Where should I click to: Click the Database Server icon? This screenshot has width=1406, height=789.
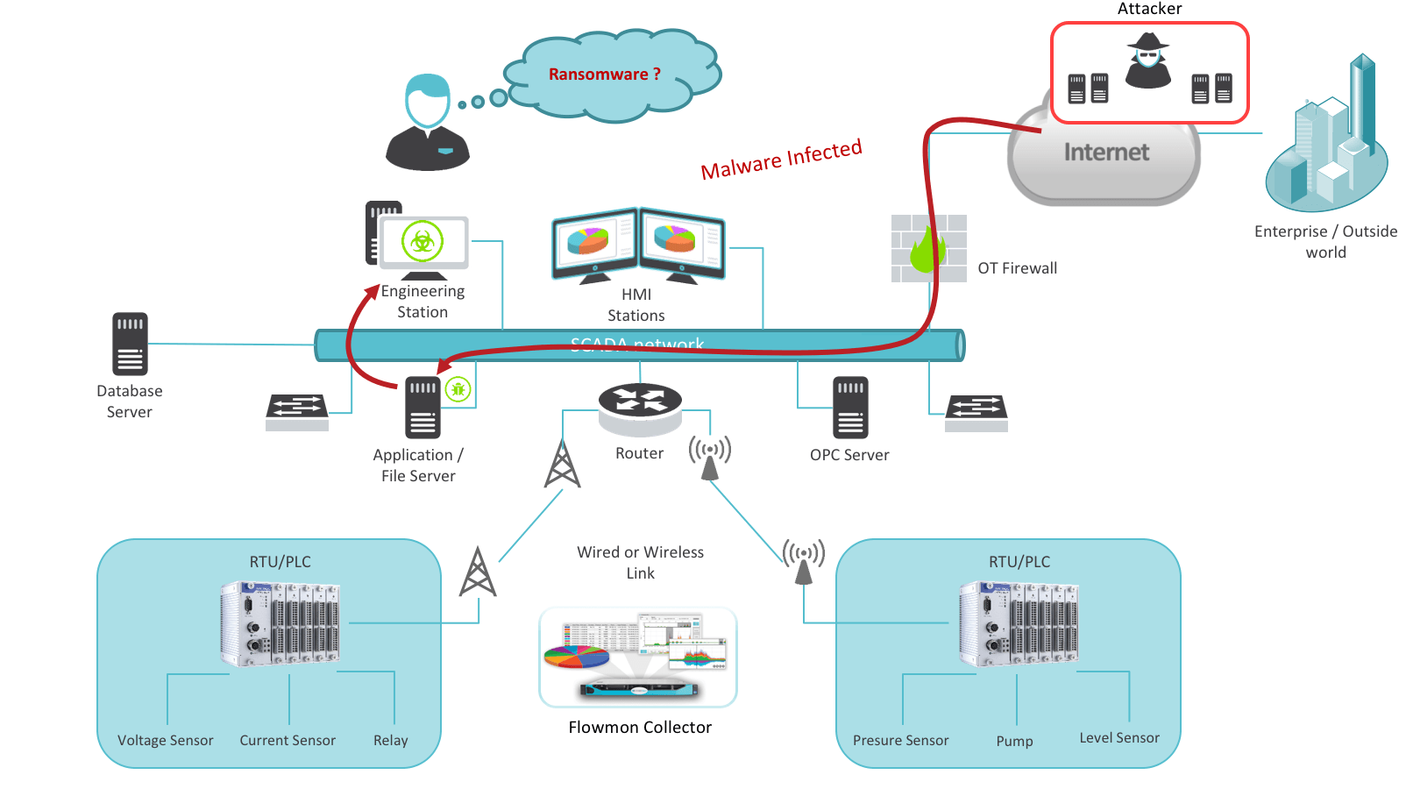tap(130, 344)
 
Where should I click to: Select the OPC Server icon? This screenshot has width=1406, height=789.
tap(850, 407)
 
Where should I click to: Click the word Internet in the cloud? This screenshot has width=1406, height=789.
tap(1106, 153)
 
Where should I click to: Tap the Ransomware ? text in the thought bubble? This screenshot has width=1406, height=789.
tap(604, 75)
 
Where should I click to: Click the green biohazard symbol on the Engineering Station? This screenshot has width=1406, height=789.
tap(423, 241)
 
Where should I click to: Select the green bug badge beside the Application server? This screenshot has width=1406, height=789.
tap(458, 389)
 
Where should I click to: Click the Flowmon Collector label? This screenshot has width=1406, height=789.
tap(640, 728)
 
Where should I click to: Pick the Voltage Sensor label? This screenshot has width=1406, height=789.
tap(166, 741)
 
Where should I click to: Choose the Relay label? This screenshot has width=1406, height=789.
tap(390, 741)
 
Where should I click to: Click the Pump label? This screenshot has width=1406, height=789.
tap(1014, 742)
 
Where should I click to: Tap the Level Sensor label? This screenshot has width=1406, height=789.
tap(1119, 738)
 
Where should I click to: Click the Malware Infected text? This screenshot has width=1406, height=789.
tap(781, 159)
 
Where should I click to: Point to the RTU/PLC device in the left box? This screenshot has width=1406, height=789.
tap(280, 624)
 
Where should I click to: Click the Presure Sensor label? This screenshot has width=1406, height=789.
tap(900, 741)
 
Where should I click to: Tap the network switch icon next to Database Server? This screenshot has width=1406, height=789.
tap(297, 410)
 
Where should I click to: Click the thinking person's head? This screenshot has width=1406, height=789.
tap(428, 100)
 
